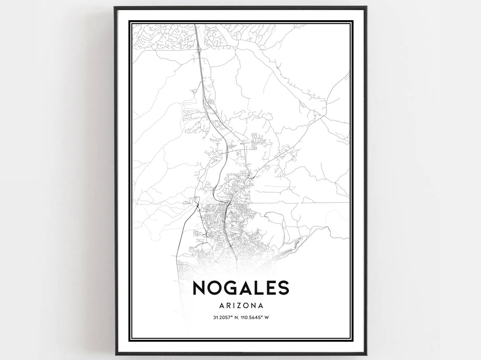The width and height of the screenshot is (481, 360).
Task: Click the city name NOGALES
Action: pyautogui.click(x=240, y=287)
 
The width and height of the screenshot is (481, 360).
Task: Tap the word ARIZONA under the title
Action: pyautogui.click(x=240, y=305)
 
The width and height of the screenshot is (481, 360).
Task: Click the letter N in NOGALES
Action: pyautogui.click(x=200, y=287)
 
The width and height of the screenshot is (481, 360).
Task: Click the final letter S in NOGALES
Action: pyautogui.click(x=284, y=287)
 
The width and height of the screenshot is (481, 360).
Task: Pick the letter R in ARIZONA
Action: pyautogui.click(x=226, y=305)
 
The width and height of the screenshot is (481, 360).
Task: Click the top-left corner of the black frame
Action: pyautogui.click(x=115, y=7)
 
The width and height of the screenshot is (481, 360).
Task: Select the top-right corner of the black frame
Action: pyautogui.click(x=366, y=7)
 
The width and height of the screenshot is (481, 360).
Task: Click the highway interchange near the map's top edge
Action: pyautogui.click(x=199, y=49)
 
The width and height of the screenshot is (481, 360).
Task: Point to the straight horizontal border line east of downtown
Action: pyautogui.click(x=300, y=203)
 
